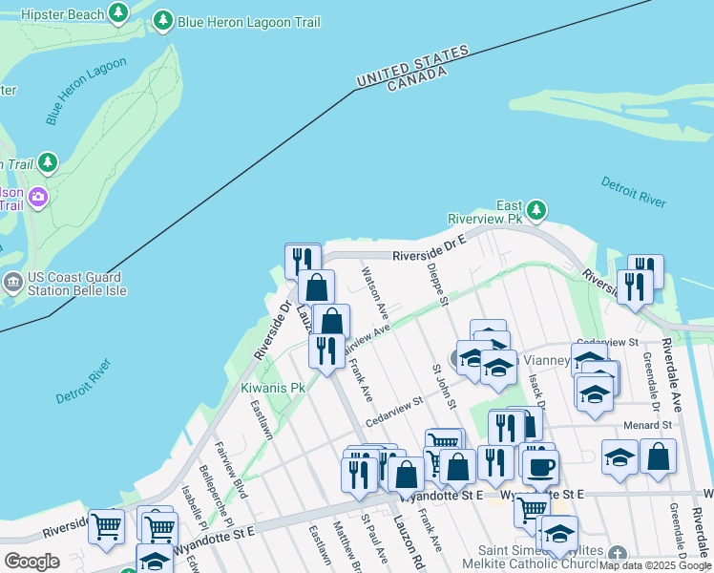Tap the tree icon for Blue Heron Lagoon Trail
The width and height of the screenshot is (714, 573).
(163, 21)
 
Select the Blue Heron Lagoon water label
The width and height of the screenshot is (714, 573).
(86, 92)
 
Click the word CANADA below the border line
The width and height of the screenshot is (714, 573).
(416, 80)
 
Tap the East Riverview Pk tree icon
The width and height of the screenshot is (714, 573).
(536, 209)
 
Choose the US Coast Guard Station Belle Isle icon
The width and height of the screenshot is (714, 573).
(13, 282)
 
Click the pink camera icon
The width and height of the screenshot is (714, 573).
(37, 198)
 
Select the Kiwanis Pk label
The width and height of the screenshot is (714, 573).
(272, 389)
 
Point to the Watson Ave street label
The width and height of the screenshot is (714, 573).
(374, 292)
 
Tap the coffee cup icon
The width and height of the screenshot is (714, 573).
(540, 467)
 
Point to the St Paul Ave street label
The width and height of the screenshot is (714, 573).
(374, 540)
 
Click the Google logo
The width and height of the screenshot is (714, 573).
(31, 562)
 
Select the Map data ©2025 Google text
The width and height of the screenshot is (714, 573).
(655, 565)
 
